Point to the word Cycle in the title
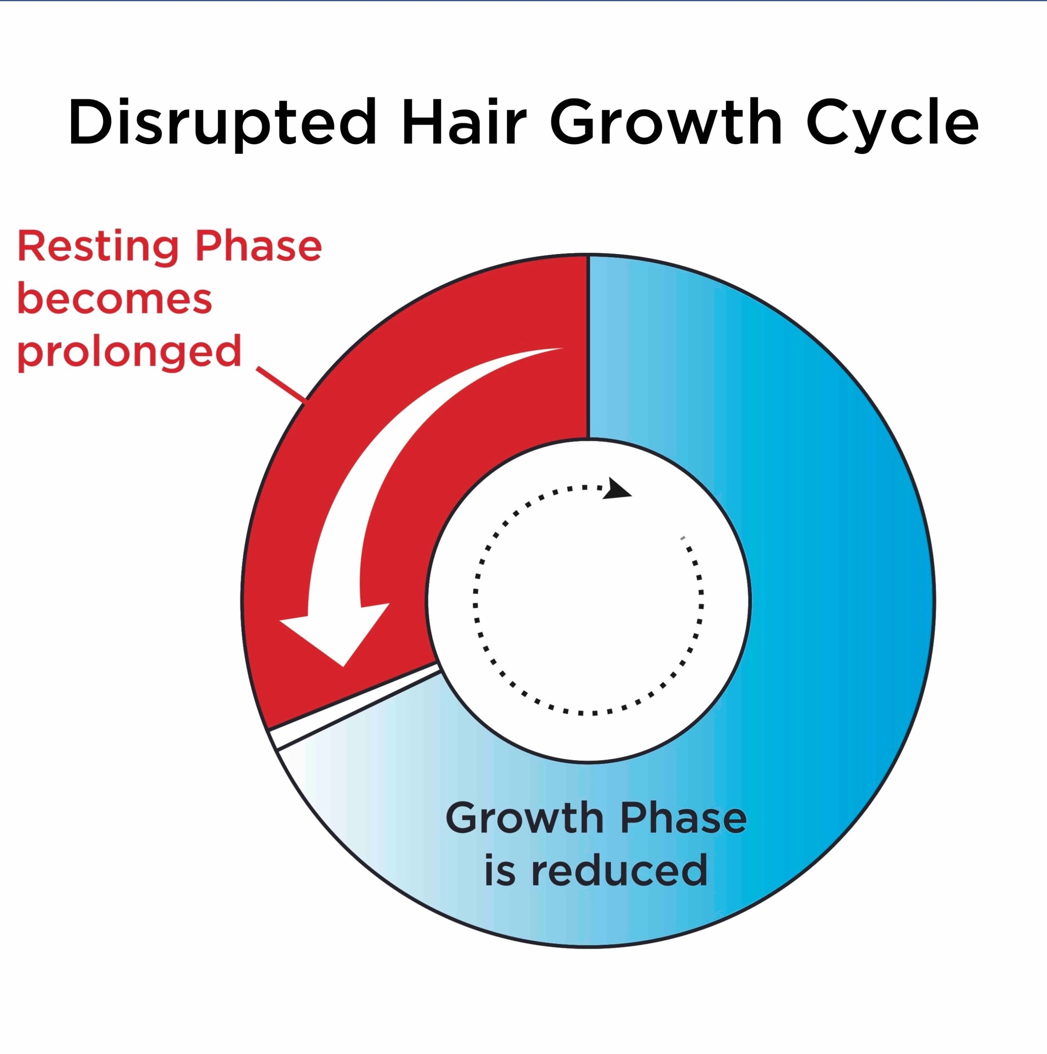892,123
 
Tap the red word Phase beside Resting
258,246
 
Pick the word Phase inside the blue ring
683,818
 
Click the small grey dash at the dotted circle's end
682,539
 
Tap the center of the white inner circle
589,600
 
